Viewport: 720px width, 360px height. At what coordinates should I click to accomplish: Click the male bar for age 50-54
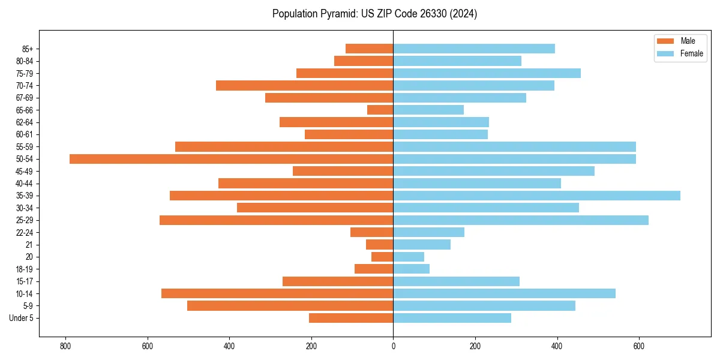[231, 159]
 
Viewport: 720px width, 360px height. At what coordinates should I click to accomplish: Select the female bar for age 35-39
[536, 196]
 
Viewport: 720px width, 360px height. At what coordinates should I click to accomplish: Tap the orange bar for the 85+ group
[369, 49]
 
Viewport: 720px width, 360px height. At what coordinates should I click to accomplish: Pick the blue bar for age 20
[409, 257]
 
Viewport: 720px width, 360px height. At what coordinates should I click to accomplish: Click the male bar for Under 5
[351, 318]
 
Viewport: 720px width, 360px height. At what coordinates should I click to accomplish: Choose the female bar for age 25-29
[521, 220]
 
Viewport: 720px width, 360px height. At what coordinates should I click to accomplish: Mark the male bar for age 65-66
[380, 110]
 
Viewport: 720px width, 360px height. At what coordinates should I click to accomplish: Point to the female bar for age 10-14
[504, 293]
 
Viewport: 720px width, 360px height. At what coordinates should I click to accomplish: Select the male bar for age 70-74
[304, 86]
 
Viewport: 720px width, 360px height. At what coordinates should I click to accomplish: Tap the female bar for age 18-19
[411, 269]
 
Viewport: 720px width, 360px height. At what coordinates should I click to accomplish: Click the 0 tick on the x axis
[393, 346]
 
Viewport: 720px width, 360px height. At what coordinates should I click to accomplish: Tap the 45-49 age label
[24, 171]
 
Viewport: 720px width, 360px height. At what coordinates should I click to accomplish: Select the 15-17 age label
[24, 281]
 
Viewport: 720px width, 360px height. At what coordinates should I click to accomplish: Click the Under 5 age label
[21, 318]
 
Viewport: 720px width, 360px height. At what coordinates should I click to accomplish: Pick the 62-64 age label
[24, 122]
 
